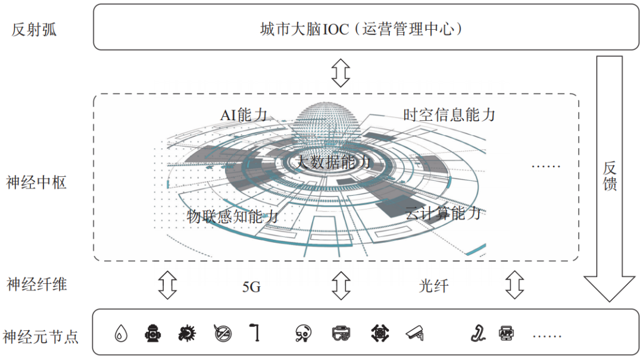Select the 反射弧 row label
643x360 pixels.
coord(34,30)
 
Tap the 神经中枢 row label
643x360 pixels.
coord(36,182)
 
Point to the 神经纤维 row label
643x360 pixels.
coord(36,284)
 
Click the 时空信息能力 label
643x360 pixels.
coord(449,114)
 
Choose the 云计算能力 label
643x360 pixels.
coord(442,212)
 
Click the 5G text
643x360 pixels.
coord(251,287)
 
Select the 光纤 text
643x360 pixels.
coord(433,286)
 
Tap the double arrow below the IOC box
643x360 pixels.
coord(341,71)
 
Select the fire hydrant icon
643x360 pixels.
coord(152,334)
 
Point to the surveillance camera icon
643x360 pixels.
coord(415,334)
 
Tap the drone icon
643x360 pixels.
coord(379,334)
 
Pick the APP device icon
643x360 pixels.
coord(505,333)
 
